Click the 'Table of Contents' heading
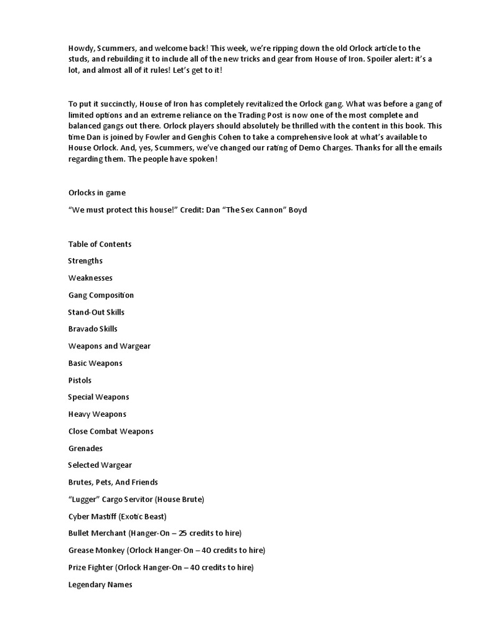tap(100, 244)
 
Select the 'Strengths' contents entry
tap(85, 261)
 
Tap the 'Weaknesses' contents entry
tap(90, 278)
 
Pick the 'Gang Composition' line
tap(101, 295)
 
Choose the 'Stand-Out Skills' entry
tap(96, 312)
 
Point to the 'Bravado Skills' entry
tap(93, 328)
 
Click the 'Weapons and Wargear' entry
tap(109, 346)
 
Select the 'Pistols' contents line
tap(80, 380)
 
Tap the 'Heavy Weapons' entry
tap(97, 414)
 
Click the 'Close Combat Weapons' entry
tap(111, 431)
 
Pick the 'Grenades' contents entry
tap(85, 448)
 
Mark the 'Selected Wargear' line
tap(100, 465)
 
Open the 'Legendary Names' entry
tap(100, 584)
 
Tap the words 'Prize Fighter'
tap(91, 567)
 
